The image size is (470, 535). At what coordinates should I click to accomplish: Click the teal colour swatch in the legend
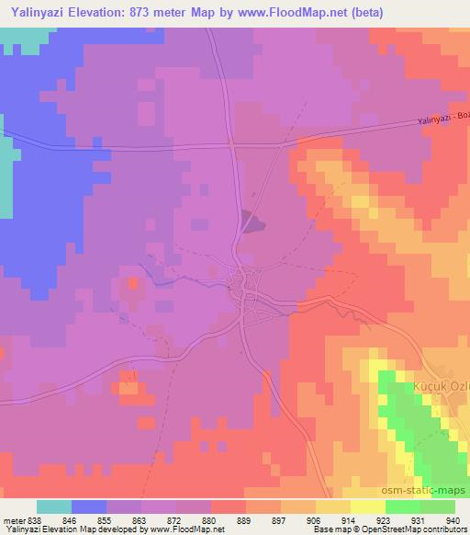[53, 506]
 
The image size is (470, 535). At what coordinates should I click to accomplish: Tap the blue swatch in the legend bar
[89, 506]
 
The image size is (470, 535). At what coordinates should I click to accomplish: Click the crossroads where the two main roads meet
[233, 144]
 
